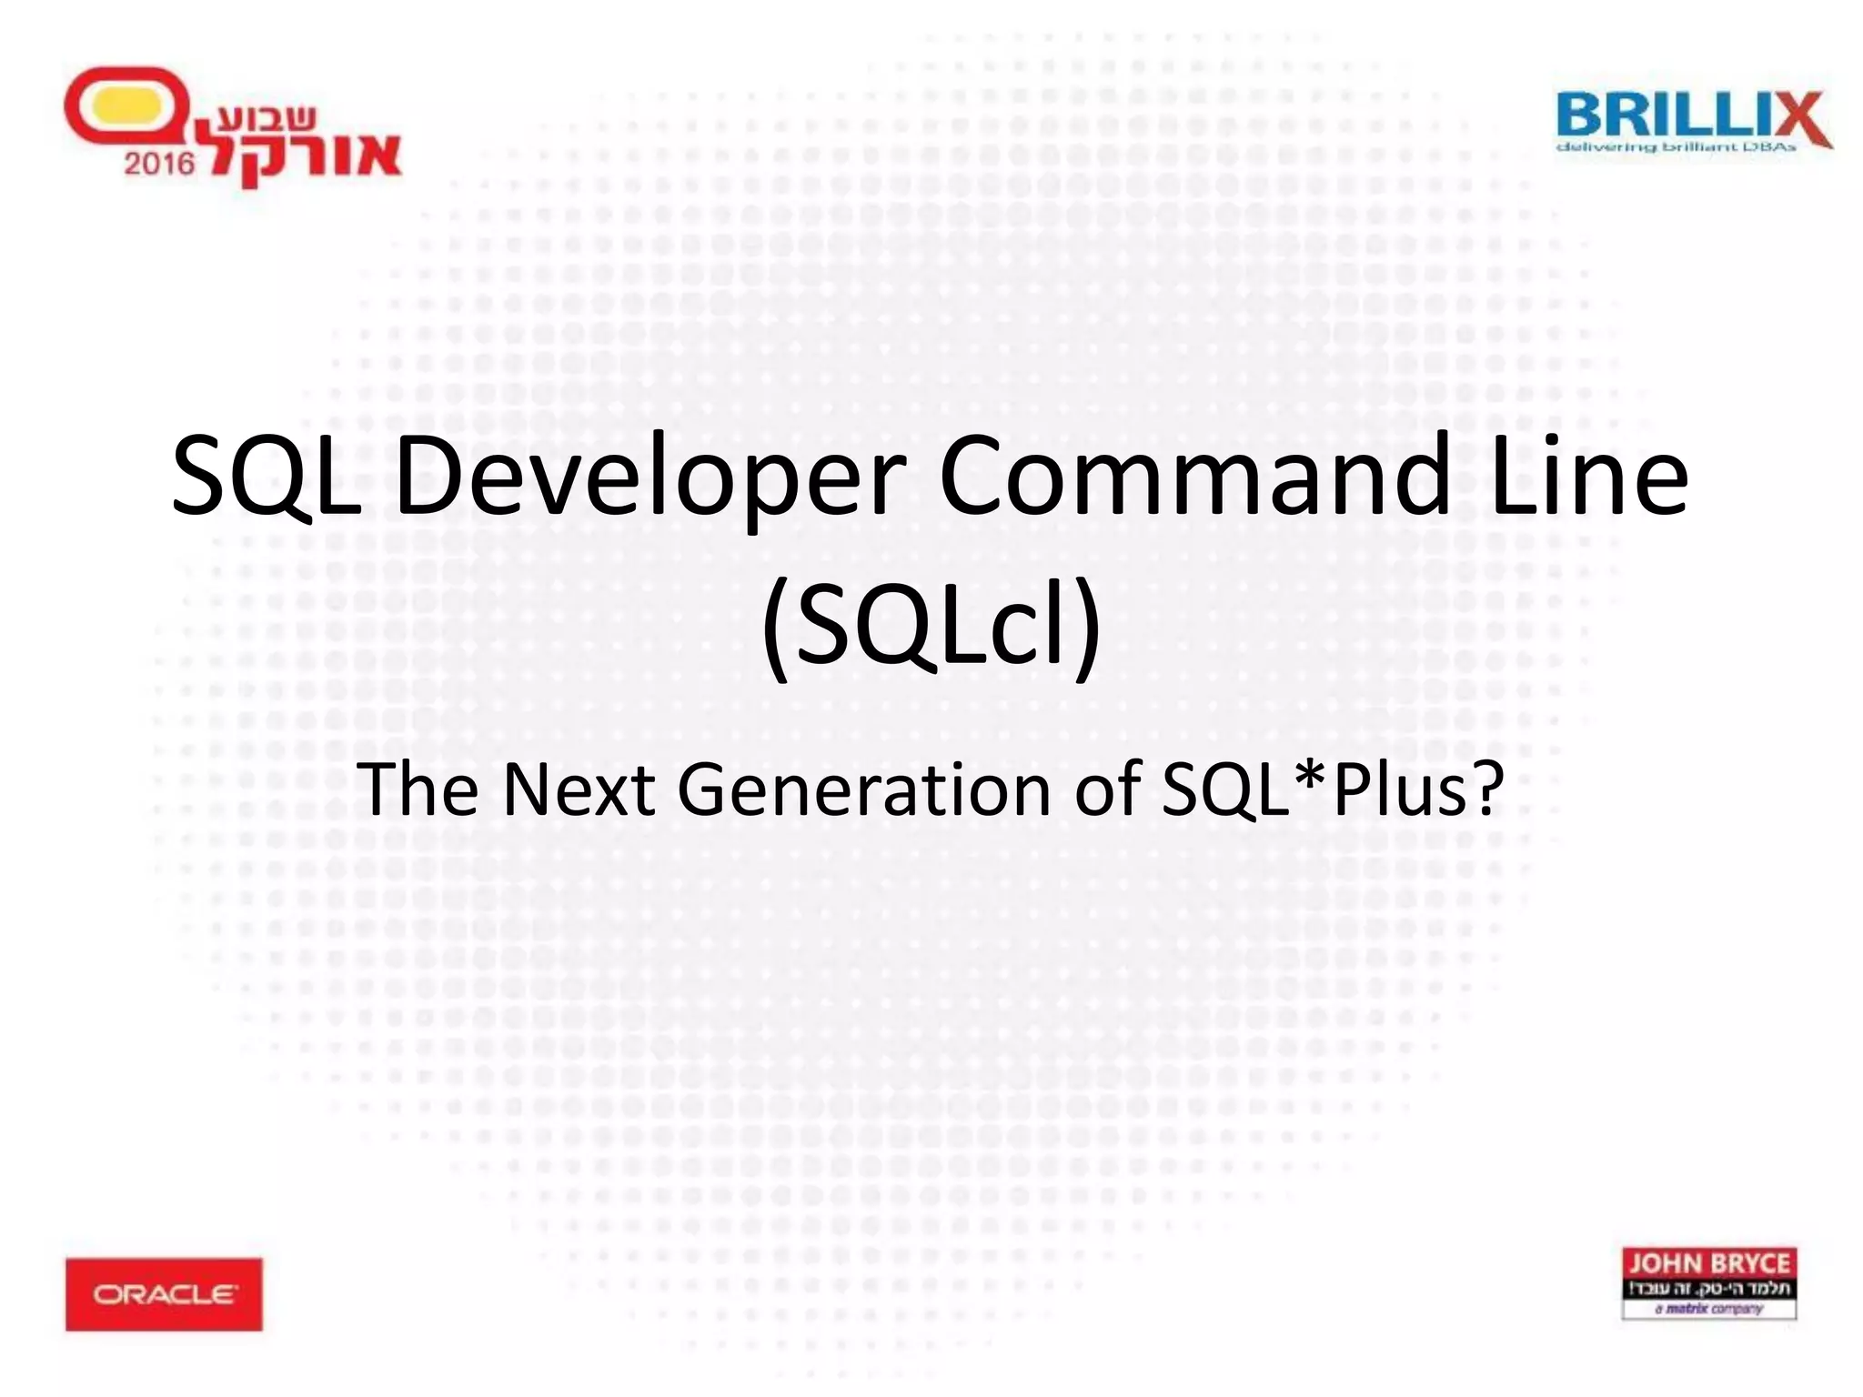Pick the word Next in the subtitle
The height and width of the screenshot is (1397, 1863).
tap(579, 789)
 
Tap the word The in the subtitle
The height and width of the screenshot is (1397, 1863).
tap(417, 789)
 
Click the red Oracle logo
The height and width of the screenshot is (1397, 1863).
tap(164, 1294)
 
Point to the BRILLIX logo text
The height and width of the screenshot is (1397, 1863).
tap(1674, 116)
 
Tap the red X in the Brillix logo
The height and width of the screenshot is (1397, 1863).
tap(1797, 118)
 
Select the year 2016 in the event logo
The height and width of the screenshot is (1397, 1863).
tap(159, 164)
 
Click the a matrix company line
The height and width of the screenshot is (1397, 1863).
tap(1709, 1309)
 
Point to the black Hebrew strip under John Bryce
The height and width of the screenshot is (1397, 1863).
tap(1709, 1288)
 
